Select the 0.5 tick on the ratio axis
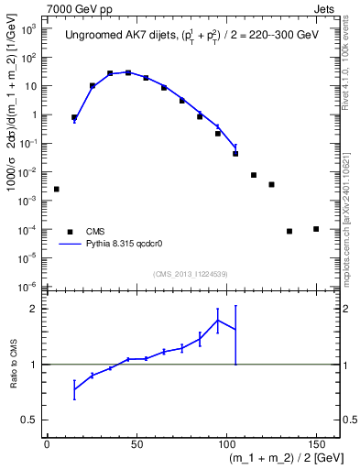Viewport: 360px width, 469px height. point(30,420)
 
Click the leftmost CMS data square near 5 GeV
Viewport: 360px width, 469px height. point(57,189)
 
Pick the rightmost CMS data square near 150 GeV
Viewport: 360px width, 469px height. point(316,229)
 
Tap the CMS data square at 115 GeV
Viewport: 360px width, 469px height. point(254,175)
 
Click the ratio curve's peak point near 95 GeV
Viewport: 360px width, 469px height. point(218,320)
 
